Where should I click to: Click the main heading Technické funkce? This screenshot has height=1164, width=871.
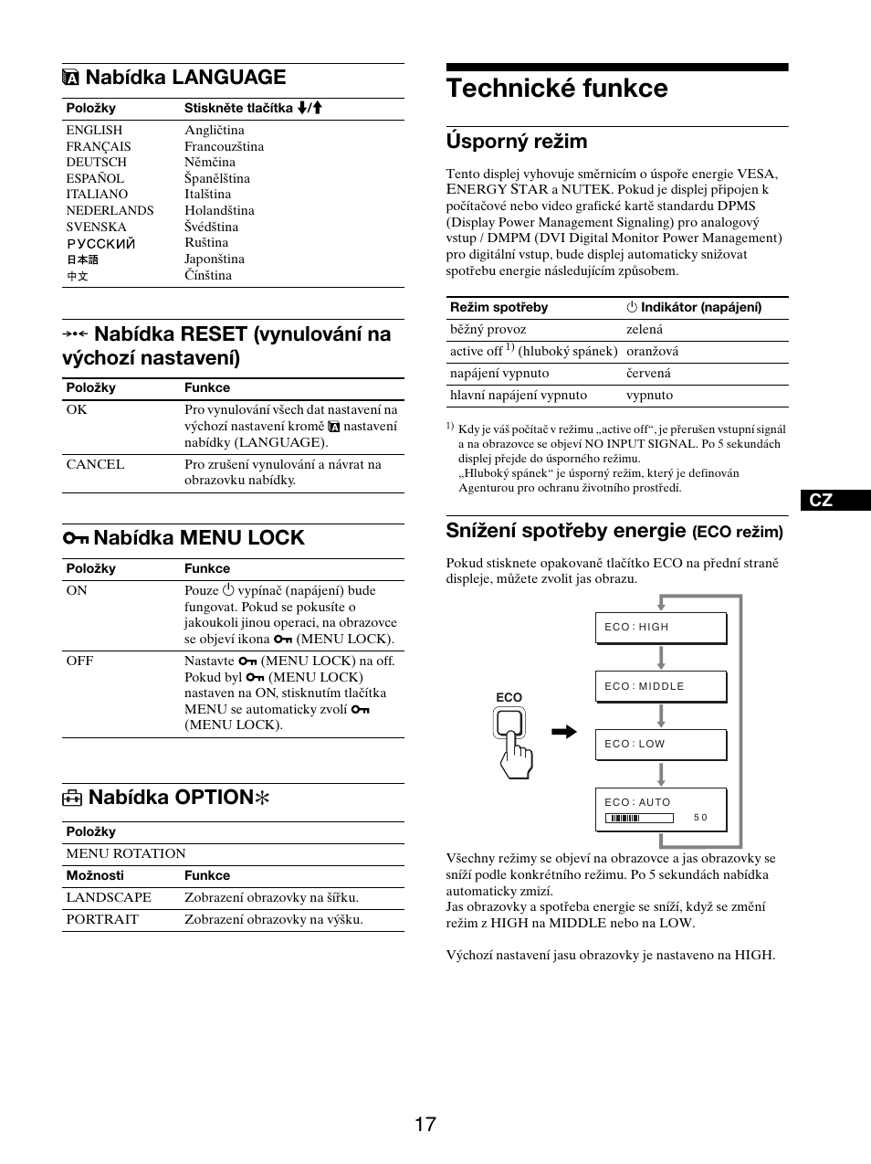(x=557, y=89)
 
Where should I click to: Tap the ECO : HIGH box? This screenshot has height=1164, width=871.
(x=660, y=628)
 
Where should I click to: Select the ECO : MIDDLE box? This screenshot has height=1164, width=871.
(x=660, y=686)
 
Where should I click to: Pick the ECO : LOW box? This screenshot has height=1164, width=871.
(x=660, y=744)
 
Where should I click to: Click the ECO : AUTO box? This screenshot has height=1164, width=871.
(x=660, y=809)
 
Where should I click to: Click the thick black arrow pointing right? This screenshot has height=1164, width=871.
(x=564, y=731)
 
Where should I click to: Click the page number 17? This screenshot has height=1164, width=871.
(x=425, y=1125)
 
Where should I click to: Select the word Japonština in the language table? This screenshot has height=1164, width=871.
(x=215, y=259)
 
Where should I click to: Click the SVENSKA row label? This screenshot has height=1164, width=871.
(x=96, y=227)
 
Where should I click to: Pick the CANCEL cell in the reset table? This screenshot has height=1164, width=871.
(x=95, y=464)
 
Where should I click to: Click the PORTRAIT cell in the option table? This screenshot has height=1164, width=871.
(x=102, y=919)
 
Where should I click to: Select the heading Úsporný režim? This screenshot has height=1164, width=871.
(x=517, y=142)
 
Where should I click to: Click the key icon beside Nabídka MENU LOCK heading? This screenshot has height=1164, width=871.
(x=75, y=538)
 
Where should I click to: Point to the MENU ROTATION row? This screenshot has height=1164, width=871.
(x=126, y=853)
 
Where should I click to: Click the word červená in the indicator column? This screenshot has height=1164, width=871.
(x=648, y=373)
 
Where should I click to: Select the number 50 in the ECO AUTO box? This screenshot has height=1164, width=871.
(x=700, y=818)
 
